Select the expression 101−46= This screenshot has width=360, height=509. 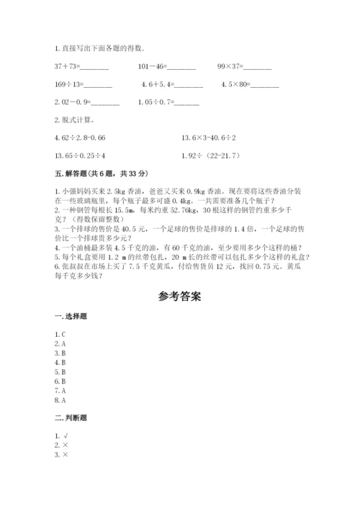pos(166,66)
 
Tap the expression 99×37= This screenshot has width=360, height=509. pos(244,66)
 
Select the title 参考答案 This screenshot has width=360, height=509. pos(179,296)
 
